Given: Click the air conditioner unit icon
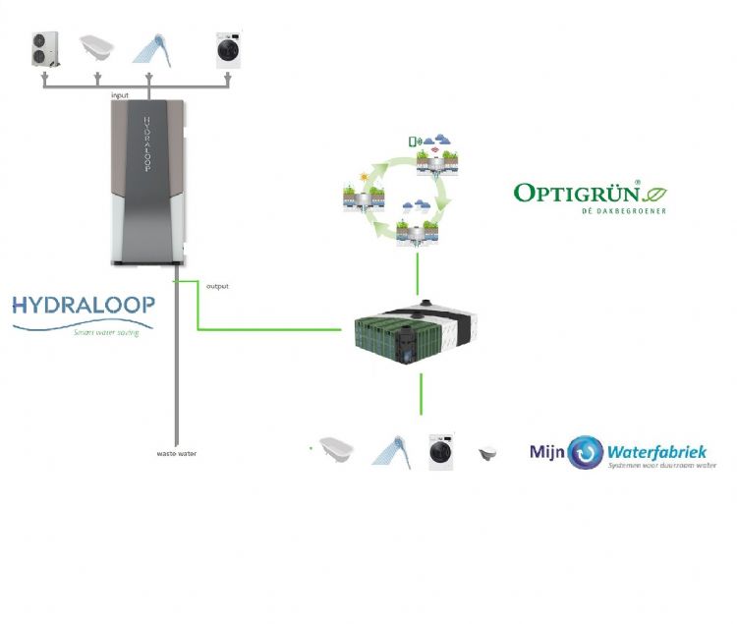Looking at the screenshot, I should tap(46, 50).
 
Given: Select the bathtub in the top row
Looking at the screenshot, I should tap(97, 47).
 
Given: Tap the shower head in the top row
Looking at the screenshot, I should tap(149, 47).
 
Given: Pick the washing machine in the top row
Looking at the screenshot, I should tap(229, 49).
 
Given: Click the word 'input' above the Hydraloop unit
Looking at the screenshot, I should tap(120, 94).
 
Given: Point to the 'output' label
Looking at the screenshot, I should tap(217, 286).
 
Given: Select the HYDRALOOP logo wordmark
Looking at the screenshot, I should tap(83, 305).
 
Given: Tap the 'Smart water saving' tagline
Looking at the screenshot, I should tap(106, 332).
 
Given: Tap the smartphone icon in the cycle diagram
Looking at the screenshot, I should tap(414, 141).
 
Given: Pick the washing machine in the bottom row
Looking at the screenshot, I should tap(441, 450).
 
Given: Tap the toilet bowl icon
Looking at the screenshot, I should tap(486, 453).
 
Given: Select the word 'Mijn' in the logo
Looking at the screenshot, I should tap(547, 453).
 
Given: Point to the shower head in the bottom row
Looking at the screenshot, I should tap(391, 450).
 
